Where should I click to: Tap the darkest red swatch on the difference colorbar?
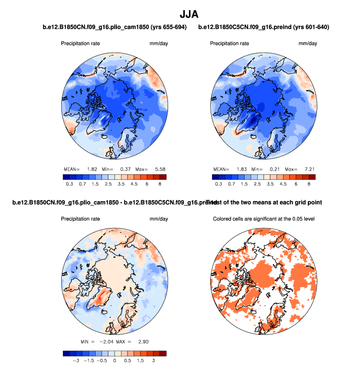point(162,354)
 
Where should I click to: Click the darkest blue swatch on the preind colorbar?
point(215,177)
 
